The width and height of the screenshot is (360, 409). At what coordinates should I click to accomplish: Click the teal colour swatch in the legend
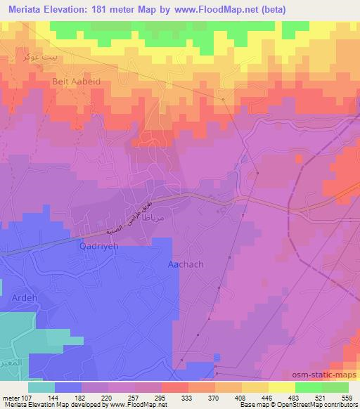coord(41,387)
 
